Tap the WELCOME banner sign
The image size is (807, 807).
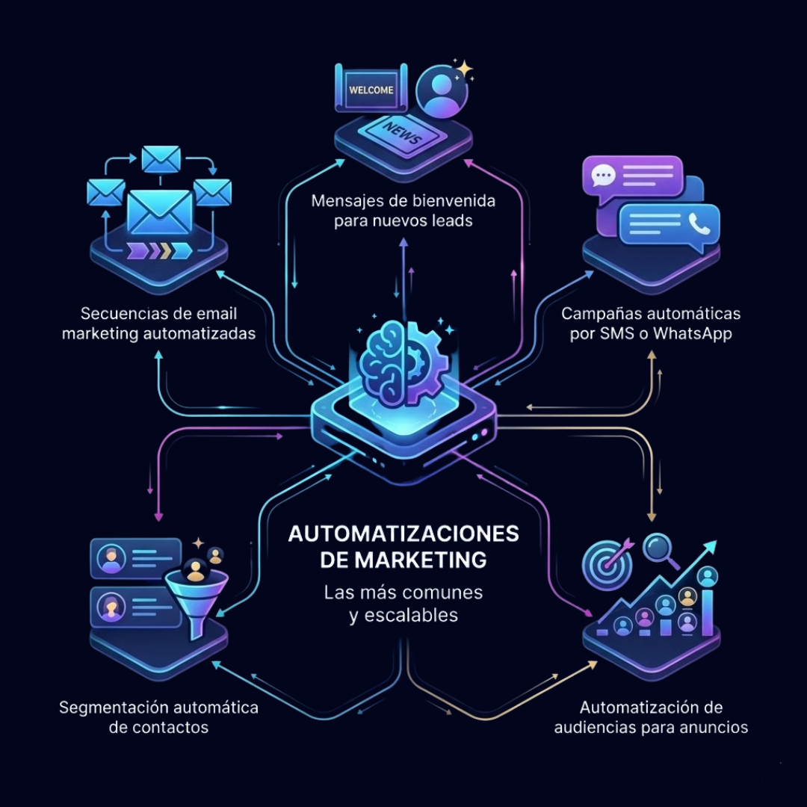point(371,89)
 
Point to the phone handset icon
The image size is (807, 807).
point(699,223)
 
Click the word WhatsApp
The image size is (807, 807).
point(692,333)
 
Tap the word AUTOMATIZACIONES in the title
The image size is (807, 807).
point(403,534)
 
